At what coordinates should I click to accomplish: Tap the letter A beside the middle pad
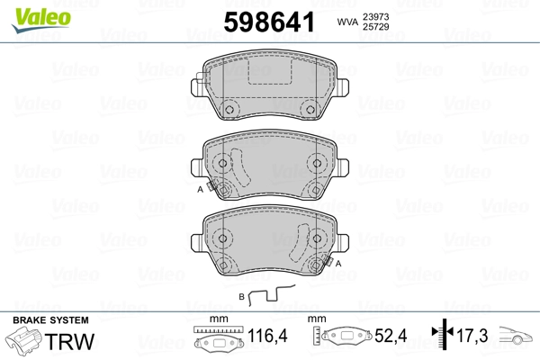coord(200,190)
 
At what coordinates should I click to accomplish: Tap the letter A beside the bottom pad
coord(339,263)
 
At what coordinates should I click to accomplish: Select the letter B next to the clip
coord(240,295)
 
